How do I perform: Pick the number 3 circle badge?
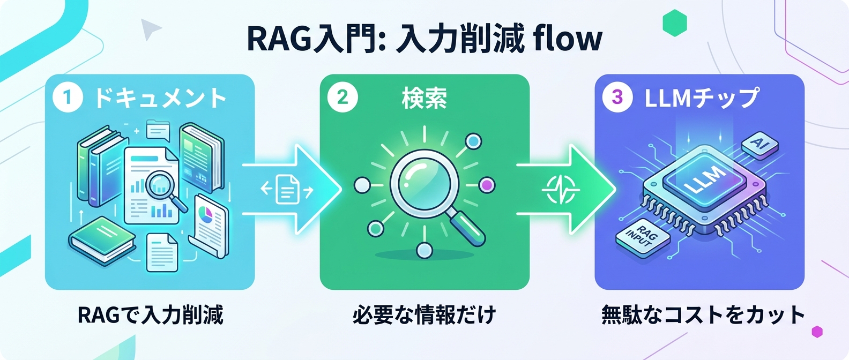pos(617,97)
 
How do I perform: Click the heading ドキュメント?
pos(160,99)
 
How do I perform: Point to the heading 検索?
pos(424,99)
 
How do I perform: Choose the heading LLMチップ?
pos(702,98)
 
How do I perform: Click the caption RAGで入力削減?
pos(150,315)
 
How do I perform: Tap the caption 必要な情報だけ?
pos(424,315)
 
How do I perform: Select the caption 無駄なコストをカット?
pos(703,315)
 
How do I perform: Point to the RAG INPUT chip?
pos(642,237)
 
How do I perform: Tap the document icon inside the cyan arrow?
pos(287,189)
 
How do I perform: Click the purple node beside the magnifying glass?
pos(487,185)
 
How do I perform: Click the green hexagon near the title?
pos(675,23)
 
